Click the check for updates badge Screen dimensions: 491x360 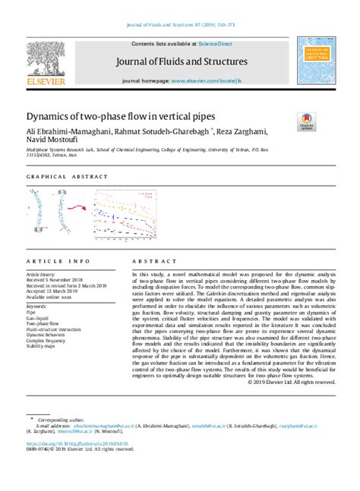307,121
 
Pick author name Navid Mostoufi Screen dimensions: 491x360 52,141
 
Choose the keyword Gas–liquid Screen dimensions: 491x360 39,317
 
